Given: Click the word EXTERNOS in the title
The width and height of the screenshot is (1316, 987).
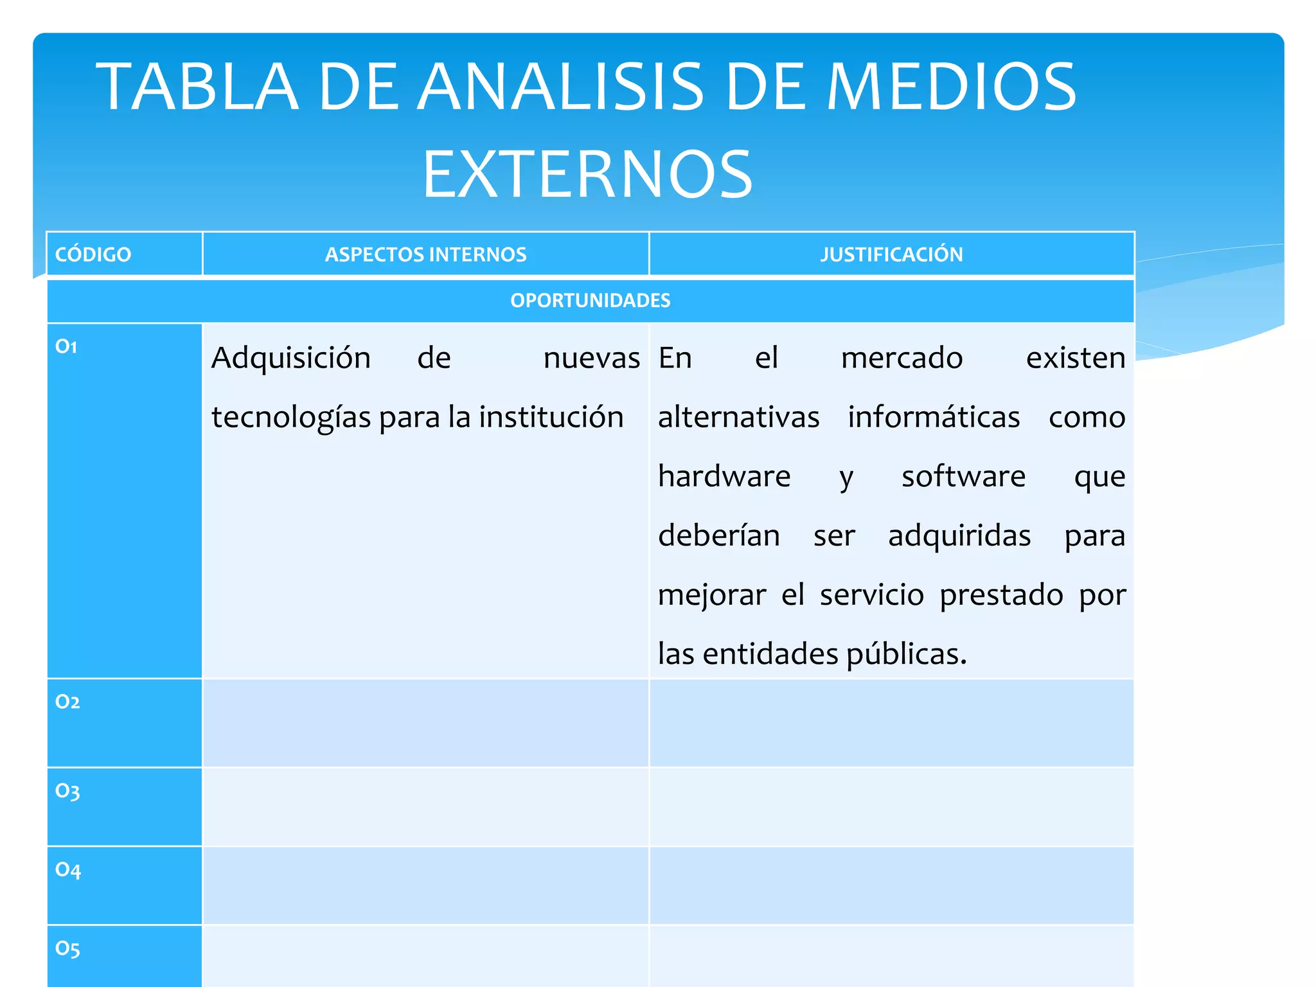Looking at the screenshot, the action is click(x=587, y=173).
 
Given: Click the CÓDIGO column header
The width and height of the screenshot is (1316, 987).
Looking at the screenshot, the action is click(x=93, y=254).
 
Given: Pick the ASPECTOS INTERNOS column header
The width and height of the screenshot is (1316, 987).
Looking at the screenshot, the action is click(x=425, y=254).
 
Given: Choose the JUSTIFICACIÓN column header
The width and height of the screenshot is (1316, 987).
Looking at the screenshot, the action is click(x=891, y=254).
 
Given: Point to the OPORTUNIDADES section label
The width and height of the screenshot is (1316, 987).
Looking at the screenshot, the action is click(x=591, y=300).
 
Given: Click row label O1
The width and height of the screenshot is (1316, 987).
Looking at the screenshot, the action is click(x=66, y=347).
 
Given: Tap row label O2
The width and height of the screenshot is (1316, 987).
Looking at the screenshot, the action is click(x=67, y=702).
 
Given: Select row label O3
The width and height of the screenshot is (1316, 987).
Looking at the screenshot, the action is click(x=67, y=791).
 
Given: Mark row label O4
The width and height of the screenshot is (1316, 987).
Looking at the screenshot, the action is click(x=68, y=870).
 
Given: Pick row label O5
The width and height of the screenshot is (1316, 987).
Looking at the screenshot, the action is click(x=67, y=948).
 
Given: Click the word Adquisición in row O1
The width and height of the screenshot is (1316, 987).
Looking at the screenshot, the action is click(x=291, y=358).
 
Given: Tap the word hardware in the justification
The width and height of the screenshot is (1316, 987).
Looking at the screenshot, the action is click(x=724, y=476).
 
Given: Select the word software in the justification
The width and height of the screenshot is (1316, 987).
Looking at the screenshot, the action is click(x=963, y=476).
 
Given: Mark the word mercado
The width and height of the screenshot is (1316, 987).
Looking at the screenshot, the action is click(x=902, y=358).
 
